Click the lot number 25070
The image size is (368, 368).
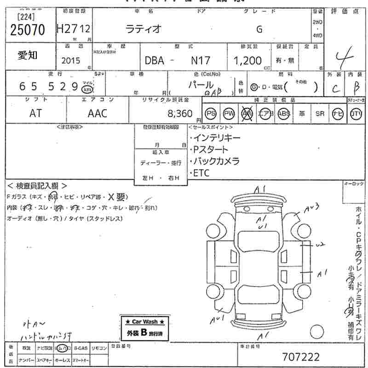28,30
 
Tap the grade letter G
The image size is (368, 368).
259,29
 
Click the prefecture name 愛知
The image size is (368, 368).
28,56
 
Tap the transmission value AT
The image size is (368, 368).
35,113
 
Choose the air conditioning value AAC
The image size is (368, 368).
97,113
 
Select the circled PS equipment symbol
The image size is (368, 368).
211,114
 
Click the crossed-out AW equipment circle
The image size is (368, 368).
247,114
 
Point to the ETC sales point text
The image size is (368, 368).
201,173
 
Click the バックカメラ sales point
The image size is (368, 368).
216,161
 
